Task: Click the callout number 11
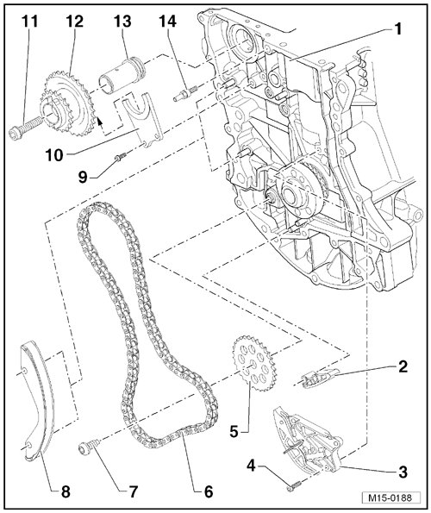click(x=30, y=22)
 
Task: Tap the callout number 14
click(x=168, y=22)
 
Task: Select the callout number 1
click(x=397, y=30)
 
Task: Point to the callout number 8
click(x=66, y=491)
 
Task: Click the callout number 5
click(x=234, y=432)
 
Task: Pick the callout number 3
click(x=403, y=472)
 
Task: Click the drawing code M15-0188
click(x=390, y=498)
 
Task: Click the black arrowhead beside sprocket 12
click(x=100, y=122)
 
